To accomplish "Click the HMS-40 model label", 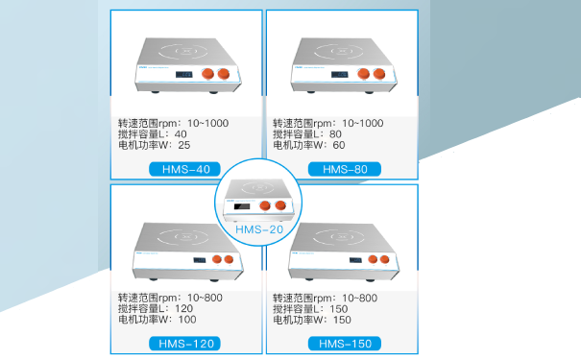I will pos(186,169).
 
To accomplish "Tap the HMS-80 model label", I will pos(345,169).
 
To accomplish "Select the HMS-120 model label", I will pos(186,343).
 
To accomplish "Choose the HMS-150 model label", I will pos(345,343).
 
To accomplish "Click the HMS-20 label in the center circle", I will pos(256,230).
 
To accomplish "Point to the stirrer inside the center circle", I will pos(256,197).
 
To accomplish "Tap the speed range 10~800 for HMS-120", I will pos(206,297).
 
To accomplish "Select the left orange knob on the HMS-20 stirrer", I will pos(266,204).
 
